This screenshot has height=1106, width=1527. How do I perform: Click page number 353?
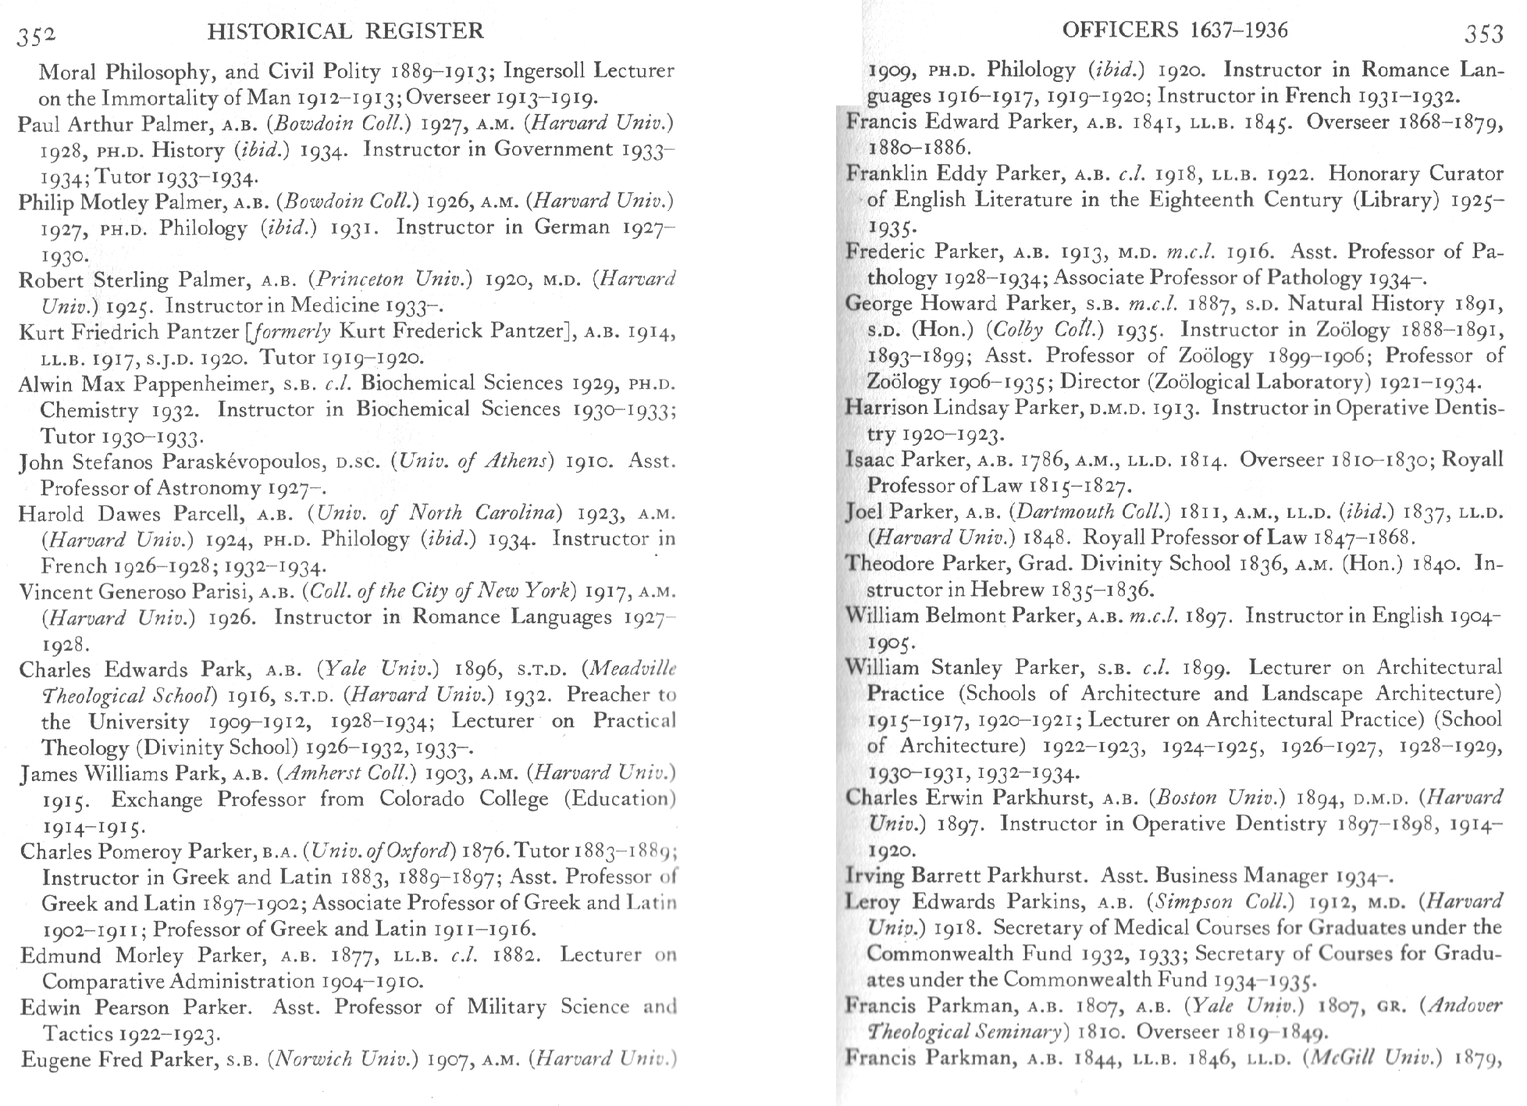click(1483, 34)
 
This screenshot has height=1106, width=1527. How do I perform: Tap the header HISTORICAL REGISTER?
click(346, 31)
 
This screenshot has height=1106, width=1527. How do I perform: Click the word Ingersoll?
click(545, 71)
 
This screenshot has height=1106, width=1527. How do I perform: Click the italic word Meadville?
click(632, 669)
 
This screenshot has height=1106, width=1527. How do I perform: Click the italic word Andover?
click(1465, 1006)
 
